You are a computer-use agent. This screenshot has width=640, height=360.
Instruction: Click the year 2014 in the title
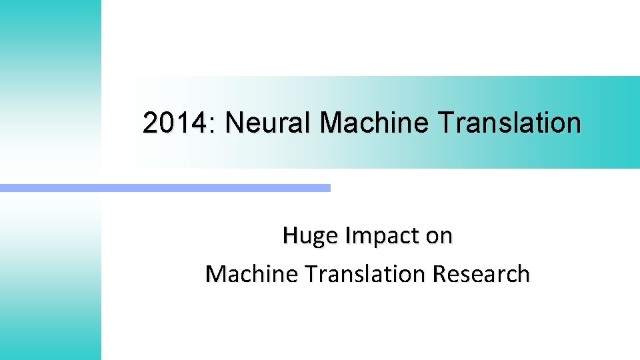pyautogui.click(x=175, y=123)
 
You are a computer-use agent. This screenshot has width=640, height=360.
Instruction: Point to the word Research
pyautogui.click(x=481, y=274)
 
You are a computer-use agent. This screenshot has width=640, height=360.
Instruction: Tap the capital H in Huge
pyautogui.click(x=289, y=235)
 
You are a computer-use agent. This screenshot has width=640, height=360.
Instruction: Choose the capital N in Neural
pyautogui.click(x=233, y=123)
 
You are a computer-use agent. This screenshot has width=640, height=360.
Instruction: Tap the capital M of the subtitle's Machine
pyautogui.click(x=215, y=273)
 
